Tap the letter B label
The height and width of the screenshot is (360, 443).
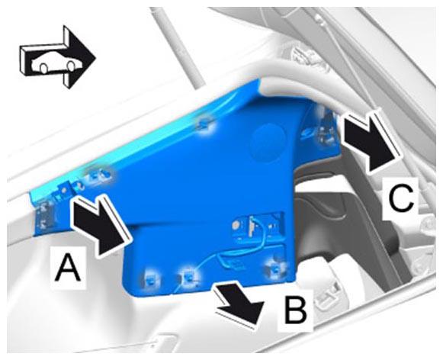click(296, 310)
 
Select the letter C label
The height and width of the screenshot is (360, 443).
click(400, 198)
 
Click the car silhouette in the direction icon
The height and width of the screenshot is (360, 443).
click(56, 63)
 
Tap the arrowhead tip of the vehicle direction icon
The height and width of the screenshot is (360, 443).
click(95, 57)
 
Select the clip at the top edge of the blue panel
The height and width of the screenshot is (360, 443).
click(204, 123)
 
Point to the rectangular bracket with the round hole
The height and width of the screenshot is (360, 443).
click(255, 225)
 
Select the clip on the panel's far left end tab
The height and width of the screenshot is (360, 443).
click(43, 215)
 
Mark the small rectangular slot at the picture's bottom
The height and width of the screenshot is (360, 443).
click(166, 342)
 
